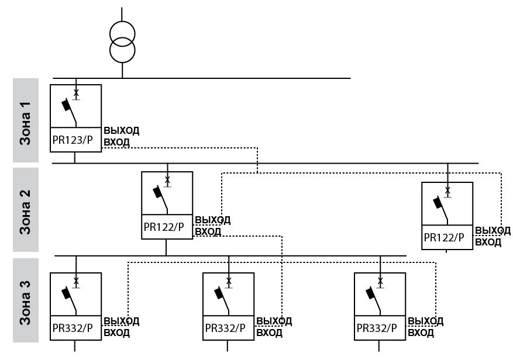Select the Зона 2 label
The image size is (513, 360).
26,210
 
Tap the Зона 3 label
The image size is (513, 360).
26,300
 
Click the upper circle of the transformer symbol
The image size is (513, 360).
122,31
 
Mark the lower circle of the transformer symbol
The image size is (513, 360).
122,50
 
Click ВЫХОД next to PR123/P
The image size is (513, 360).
121,130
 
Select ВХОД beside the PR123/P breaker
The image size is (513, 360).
116,141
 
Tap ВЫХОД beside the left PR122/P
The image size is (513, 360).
212,220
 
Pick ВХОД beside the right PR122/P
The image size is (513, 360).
488,242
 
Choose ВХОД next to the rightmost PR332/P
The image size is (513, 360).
421,333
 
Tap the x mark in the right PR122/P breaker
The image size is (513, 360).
447,191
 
